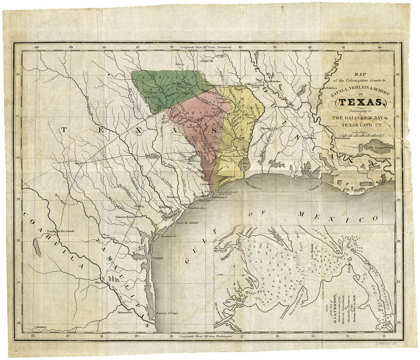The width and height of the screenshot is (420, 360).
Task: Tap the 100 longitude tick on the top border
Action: coord(37,47)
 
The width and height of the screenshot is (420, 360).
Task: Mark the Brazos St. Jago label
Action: coord(167,314)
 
